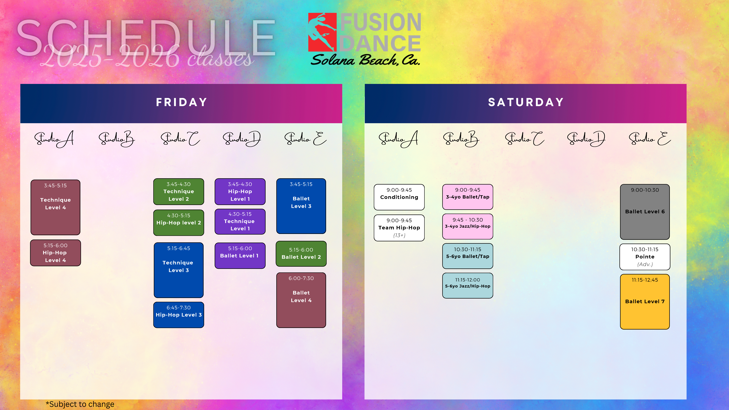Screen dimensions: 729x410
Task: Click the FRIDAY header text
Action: click(181, 102)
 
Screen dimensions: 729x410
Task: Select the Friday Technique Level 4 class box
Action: click(55, 207)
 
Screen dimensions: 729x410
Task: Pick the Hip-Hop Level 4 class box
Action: click(55, 253)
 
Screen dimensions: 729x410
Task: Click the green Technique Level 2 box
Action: click(179, 192)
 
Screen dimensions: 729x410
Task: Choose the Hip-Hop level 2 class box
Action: click(179, 223)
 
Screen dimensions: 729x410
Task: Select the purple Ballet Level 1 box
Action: click(240, 256)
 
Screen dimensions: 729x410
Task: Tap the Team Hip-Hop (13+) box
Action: click(399, 228)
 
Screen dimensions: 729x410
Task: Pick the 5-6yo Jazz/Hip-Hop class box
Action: click(467, 285)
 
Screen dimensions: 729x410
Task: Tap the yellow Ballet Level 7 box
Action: click(645, 302)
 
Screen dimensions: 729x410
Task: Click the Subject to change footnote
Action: click(80, 404)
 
